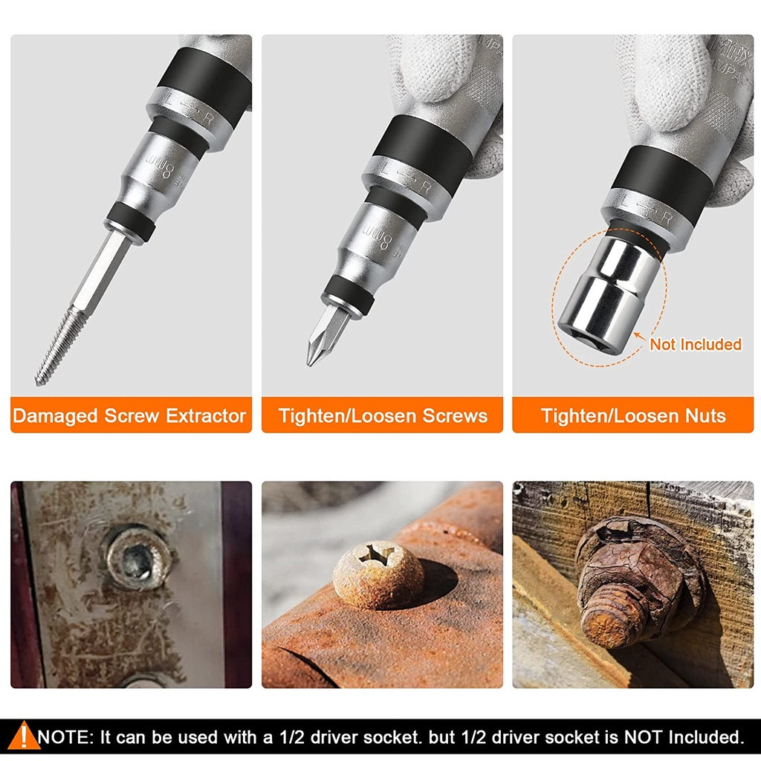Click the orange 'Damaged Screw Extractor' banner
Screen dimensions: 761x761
coord(131,415)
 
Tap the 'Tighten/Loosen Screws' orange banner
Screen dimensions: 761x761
coord(383,415)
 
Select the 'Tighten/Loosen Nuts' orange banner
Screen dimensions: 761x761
coord(633,415)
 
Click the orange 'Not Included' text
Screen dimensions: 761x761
coord(696,344)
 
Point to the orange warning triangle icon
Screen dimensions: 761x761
coord(22,736)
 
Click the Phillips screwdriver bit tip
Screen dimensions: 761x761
coord(326,335)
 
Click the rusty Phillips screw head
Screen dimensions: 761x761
coord(378,574)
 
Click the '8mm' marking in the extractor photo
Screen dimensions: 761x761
coord(161,167)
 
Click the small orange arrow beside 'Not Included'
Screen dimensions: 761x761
coord(640,336)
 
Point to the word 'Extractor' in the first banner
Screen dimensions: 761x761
coord(206,415)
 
